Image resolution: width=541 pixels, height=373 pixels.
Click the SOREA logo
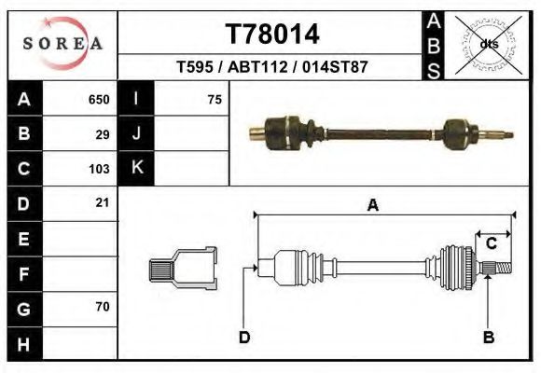pyautogui.click(x=62, y=44)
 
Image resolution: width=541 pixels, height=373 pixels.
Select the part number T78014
pyautogui.click(x=272, y=35)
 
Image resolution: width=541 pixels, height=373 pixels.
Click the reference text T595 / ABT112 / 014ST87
pyautogui.click(x=272, y=68)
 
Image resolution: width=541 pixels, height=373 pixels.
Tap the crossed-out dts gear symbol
pyautogui.click(x=488, y=43)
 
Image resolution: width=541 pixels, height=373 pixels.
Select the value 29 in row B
pyautogui.click(x=103, y=134)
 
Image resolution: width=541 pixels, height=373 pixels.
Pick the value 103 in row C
pyautogui.click(x=99, y=169)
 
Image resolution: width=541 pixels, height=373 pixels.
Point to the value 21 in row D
pyautogui.click(x=103, y=202)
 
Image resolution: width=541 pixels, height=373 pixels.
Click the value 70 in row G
pyautogui.click(x=103, y=306)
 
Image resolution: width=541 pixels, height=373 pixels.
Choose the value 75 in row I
pyautogui.click(x=214, y=100)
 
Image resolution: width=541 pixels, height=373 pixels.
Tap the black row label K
pyautogui.click(x=136, y=169)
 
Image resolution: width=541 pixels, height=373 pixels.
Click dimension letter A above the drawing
pyautogui.click(x=372, y=206)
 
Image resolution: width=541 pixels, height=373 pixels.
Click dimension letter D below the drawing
pyautogui.click(x=244, y=337)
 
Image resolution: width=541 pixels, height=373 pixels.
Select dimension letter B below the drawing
pyautogui.click(x=487, y=337)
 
